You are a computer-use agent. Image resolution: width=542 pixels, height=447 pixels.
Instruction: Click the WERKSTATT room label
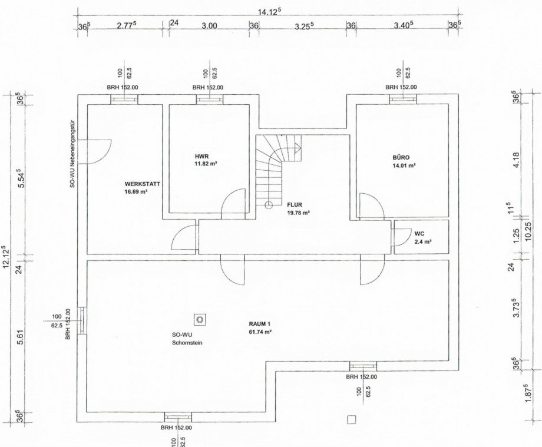click(142, 184)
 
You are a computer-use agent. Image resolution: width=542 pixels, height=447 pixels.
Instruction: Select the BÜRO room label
click(401, 157)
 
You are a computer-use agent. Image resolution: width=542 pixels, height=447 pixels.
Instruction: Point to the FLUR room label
click(295, 205)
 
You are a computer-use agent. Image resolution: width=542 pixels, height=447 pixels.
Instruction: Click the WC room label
click(419, 234)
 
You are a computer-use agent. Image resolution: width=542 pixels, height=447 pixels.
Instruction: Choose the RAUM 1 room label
click(259, 324)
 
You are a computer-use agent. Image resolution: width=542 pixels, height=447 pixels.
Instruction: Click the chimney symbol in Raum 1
click(200, 320)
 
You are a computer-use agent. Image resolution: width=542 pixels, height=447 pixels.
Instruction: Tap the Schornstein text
click(187, 343)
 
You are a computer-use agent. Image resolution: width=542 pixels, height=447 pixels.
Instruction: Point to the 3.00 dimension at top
click(209, 26)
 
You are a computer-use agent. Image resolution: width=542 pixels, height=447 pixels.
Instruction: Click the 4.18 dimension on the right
click(517, 160)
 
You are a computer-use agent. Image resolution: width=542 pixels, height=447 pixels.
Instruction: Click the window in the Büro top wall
click(403, 100)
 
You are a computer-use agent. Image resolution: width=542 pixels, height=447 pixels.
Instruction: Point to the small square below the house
click(351, 419)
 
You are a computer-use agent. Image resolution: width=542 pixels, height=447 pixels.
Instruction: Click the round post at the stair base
click(269, 205)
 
